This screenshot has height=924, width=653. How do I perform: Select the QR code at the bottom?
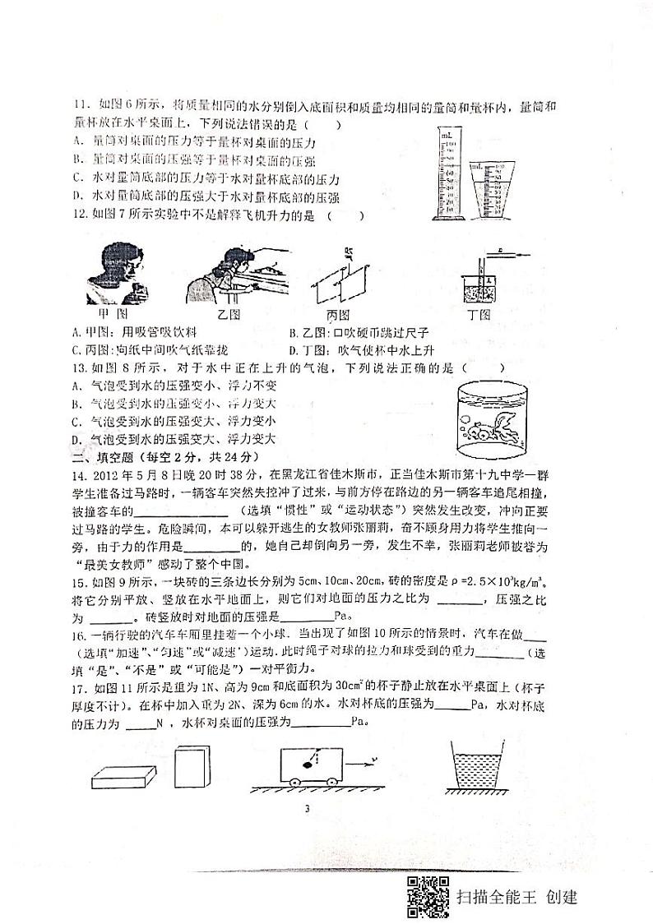[428, 895]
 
